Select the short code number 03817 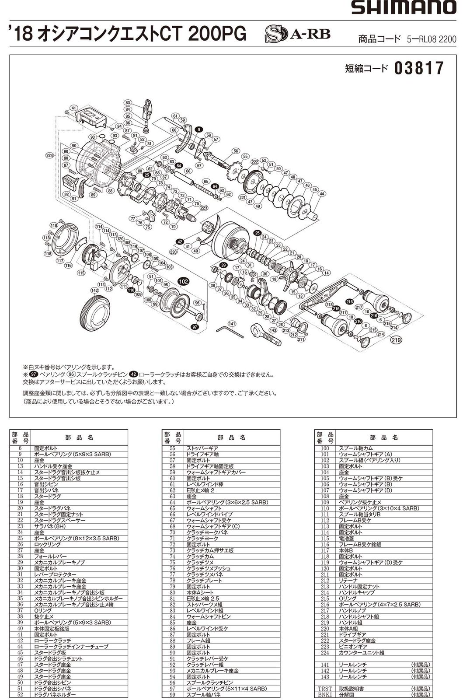click(419, 68)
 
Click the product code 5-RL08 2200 click(431, 39)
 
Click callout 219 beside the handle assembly click(397, 339)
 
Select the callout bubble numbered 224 click(49, 155)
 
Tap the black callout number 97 click(195, 327)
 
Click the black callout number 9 click(199, 129)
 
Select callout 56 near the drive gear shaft click(236, 151)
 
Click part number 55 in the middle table click(172, 448)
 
